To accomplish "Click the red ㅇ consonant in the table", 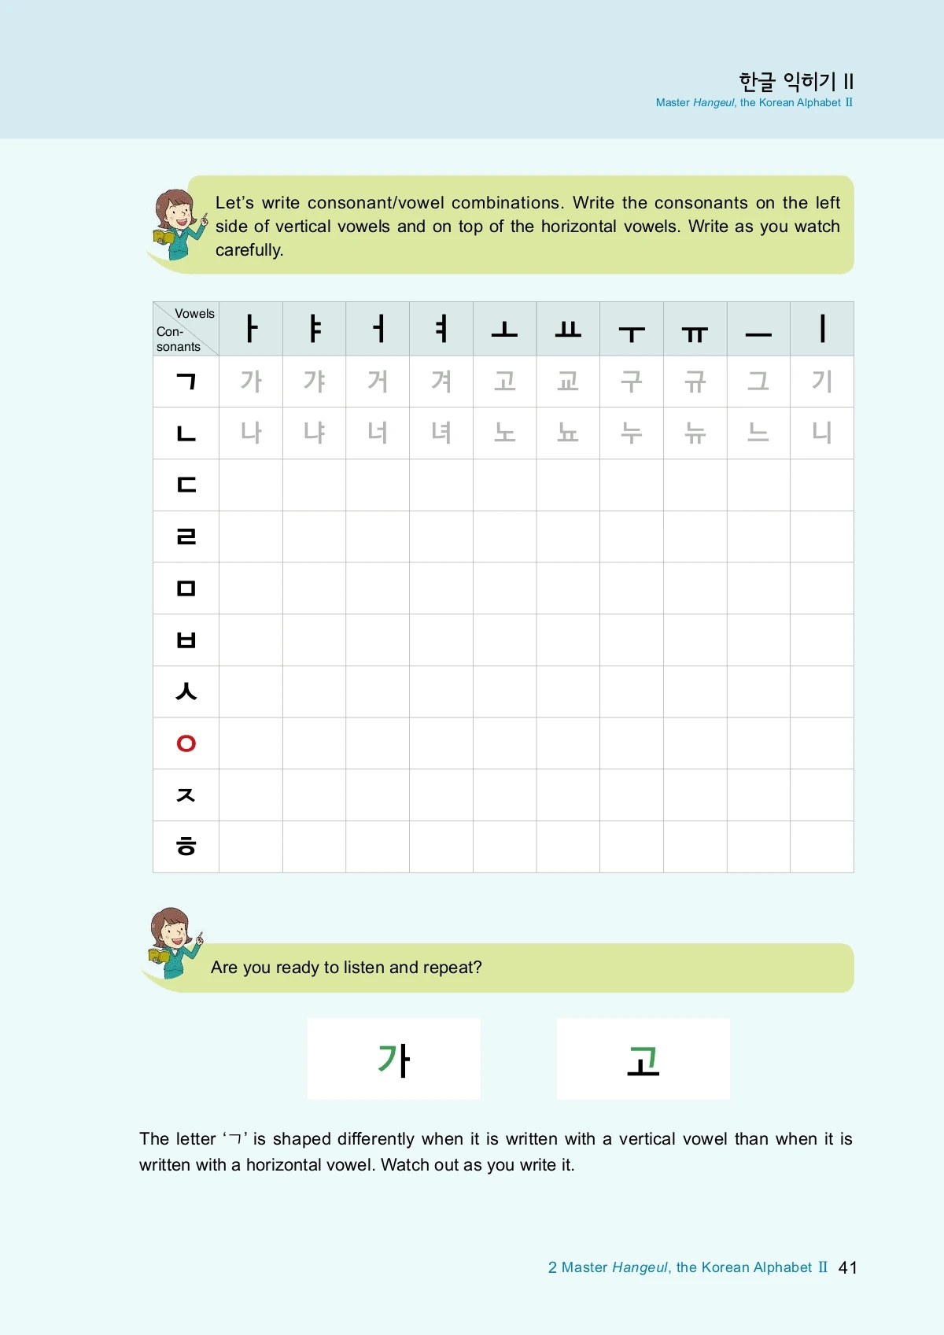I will (186, 743).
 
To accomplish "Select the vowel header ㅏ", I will (251, 329).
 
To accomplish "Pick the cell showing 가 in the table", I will (251, 382).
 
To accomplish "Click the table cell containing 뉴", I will (695, 433).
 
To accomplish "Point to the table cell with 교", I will (568, 382).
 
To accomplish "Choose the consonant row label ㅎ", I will (186, 846).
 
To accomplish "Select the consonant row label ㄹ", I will (186, 537).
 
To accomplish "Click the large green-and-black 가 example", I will (394, 1060).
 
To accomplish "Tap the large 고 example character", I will (643, 1060).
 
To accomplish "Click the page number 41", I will (847, 1267).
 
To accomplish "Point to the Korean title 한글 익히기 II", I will (795, 81).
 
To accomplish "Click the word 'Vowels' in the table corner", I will (194, 314).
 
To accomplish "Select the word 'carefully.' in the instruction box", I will (249, 250).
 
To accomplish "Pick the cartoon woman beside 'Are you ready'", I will (174, 942).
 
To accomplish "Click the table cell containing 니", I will (821, 433).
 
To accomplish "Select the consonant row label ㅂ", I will (186, 640).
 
